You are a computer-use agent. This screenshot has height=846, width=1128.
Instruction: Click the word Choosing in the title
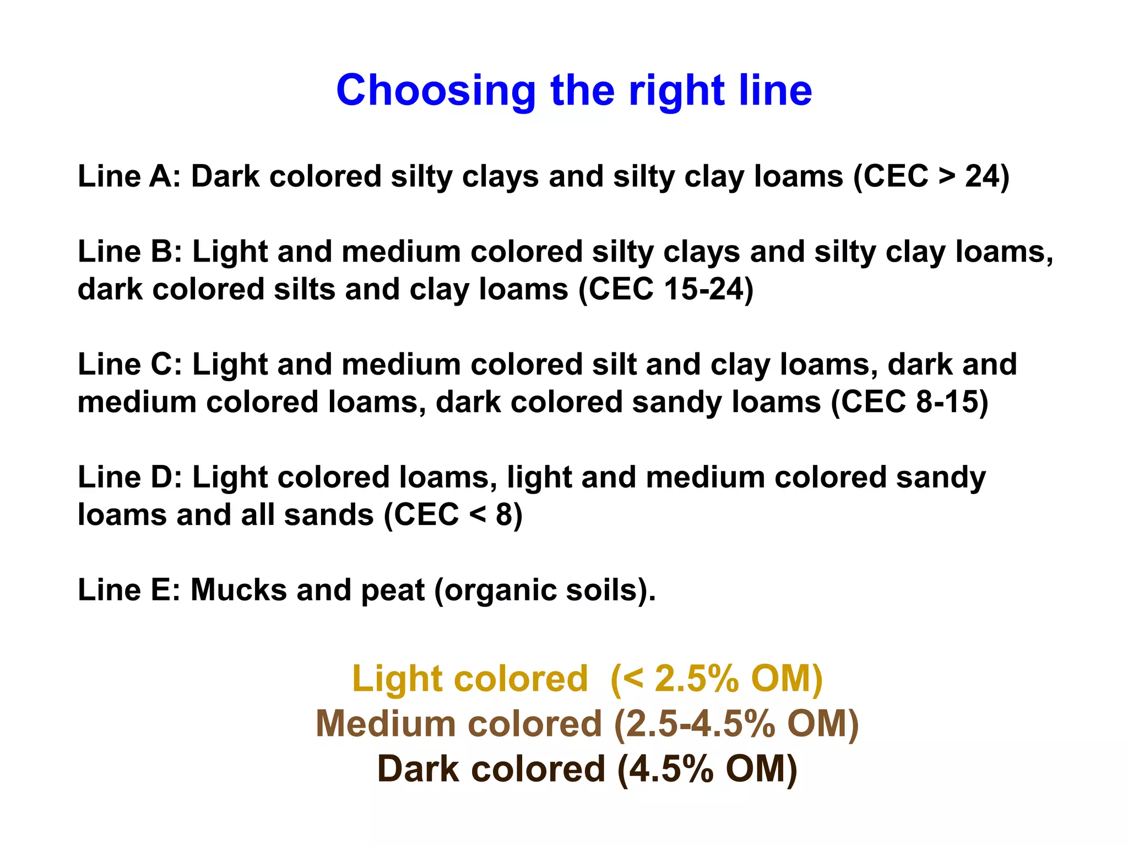435,91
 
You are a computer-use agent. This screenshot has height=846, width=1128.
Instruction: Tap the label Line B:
130,252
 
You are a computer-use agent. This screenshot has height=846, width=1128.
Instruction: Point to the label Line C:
130,365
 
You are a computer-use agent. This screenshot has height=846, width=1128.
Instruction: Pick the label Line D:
130,477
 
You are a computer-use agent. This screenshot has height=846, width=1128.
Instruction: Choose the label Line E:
129,590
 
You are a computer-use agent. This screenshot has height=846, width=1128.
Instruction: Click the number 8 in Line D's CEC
504,515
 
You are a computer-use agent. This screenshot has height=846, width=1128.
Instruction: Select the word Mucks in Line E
238,590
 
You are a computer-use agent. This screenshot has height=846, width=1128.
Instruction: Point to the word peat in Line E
392,591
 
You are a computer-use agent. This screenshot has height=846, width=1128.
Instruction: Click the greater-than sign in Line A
947,177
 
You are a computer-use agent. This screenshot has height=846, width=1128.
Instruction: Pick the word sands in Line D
328,515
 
